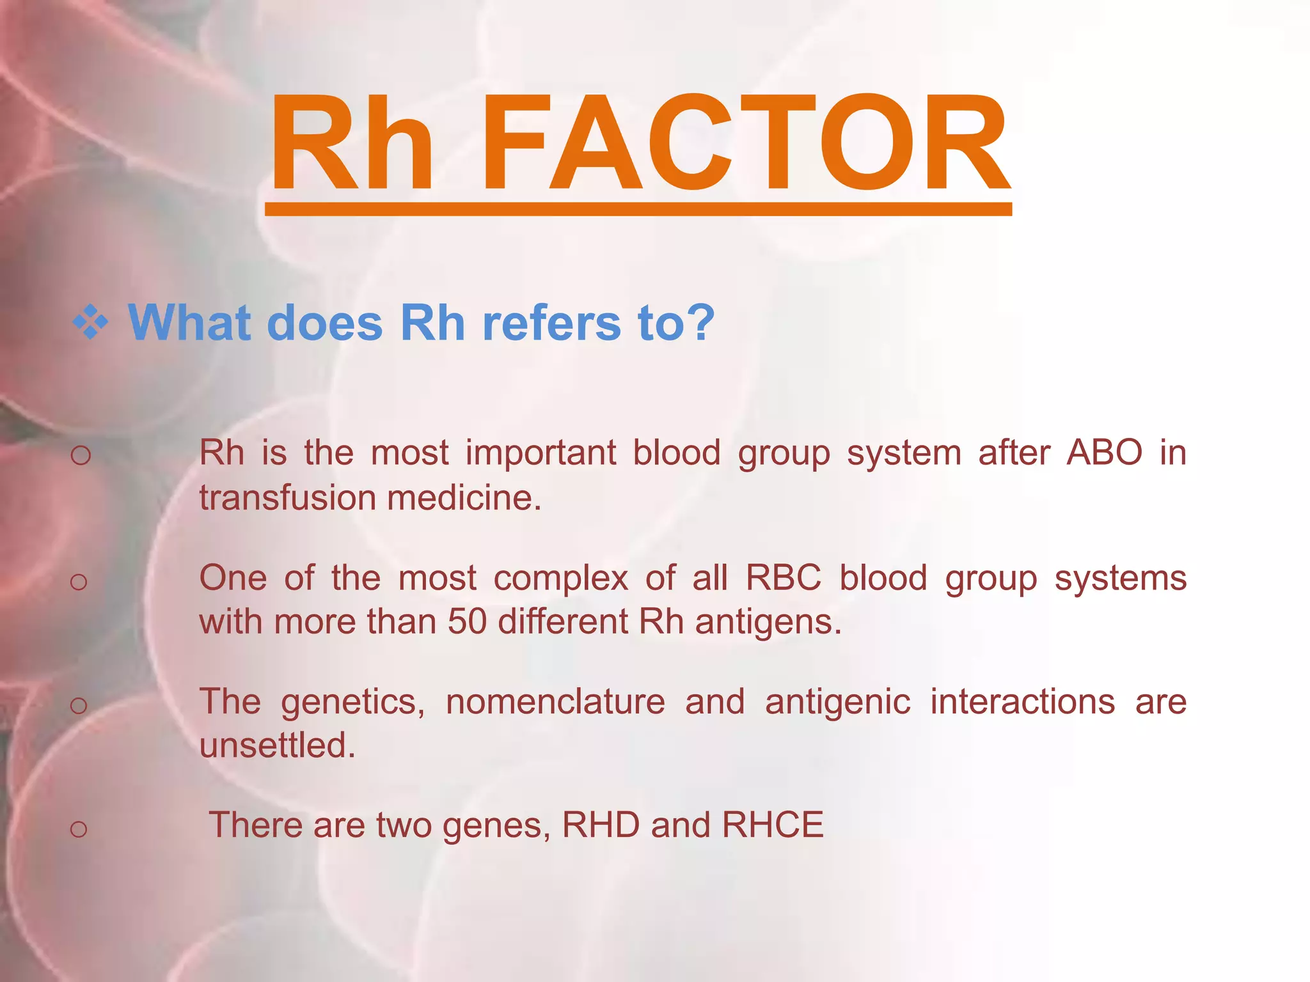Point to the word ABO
pos(1104,453)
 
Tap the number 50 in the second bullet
pos(467,621)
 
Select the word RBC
pos(783,578)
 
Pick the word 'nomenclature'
pos(555,701)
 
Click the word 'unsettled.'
pos(277,745)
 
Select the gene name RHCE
pos(772,825)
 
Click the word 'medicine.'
pos(464,498)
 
